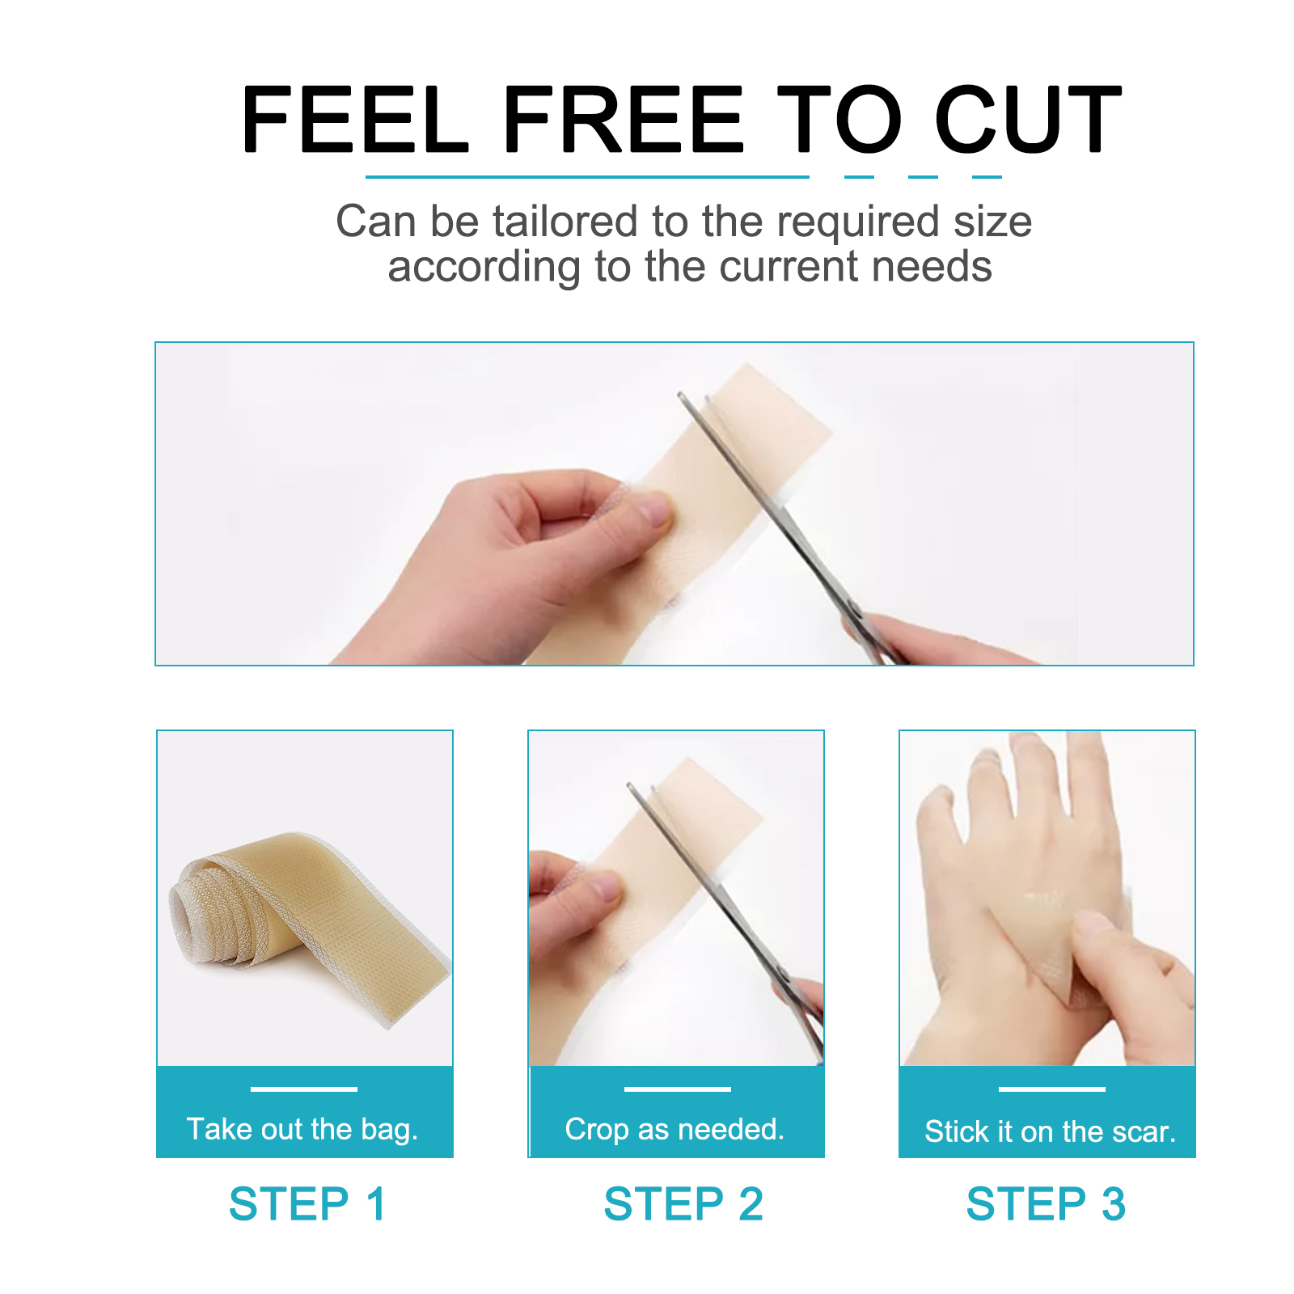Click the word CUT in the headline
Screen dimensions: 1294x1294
coord(1027,120)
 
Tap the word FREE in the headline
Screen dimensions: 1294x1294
coord(623,120)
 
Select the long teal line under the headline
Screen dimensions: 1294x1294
coord(587,176)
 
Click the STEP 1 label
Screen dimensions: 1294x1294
coord(307,1203)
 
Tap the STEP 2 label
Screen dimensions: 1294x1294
coord(683,1203)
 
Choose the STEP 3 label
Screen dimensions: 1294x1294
coord(1046,1203)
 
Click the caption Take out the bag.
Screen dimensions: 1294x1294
coord(302,1129)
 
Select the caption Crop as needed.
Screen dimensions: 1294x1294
coord(674,1129)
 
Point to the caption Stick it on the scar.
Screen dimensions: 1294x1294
coord(1050,1131)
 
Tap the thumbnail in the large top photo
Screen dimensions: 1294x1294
coord(653,511)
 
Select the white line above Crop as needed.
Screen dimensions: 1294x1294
coord(677,1089)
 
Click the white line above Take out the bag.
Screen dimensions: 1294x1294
coord(303,1089)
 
